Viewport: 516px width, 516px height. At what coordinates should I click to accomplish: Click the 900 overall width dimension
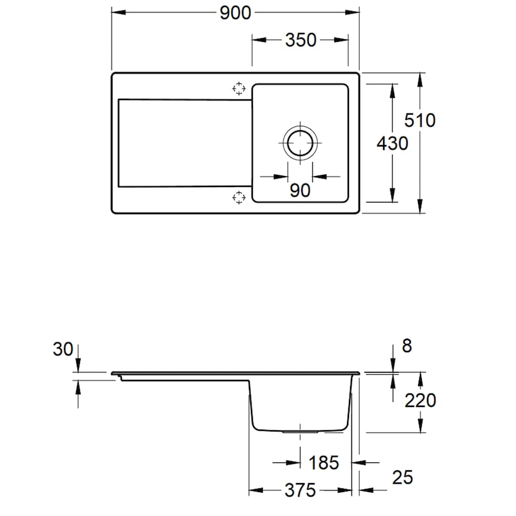coord(235,13)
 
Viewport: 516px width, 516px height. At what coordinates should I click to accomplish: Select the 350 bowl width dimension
coord(301,40)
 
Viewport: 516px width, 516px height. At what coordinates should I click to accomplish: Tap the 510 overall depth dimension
coord(420,120)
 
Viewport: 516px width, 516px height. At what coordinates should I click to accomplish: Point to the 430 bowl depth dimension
coord(392,143)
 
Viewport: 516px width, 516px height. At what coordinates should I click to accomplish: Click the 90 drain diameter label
coord(300,190)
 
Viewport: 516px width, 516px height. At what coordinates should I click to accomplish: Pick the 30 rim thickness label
coord(63,349)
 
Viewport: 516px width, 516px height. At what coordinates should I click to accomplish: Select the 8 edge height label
coord(407,346)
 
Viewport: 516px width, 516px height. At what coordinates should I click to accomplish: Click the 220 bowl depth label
coord(420,401)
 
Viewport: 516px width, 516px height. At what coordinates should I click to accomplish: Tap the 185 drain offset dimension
coord(324,462)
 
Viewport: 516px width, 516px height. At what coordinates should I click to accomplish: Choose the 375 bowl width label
coord(300,490)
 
